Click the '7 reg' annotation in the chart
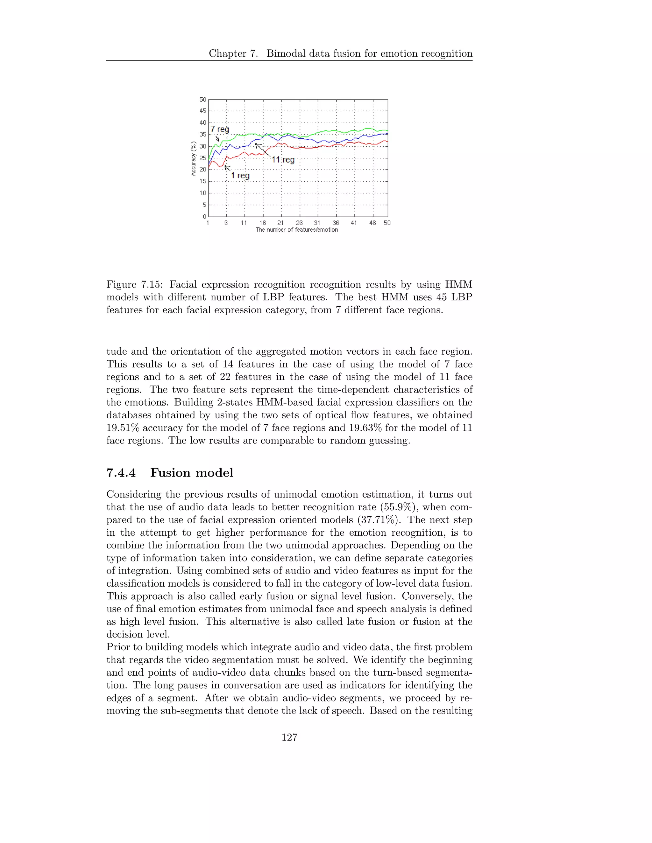coord(219,129)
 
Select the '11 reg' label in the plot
coord(283,160)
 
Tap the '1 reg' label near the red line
coord(240,176)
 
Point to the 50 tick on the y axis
coord(203,100)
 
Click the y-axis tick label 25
coord(203,158)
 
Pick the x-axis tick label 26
coord(299,223)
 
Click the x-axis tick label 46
coord(372,223)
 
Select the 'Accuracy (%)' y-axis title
coord(194,158)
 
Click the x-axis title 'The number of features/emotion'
coord(297,230)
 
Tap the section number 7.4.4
coord(121,473)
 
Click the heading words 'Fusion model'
coord(192,473)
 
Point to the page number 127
coord(289,738)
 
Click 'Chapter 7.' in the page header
coord(233,54)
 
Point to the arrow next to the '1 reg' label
coord(228,168)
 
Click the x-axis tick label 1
coord(208,223)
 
